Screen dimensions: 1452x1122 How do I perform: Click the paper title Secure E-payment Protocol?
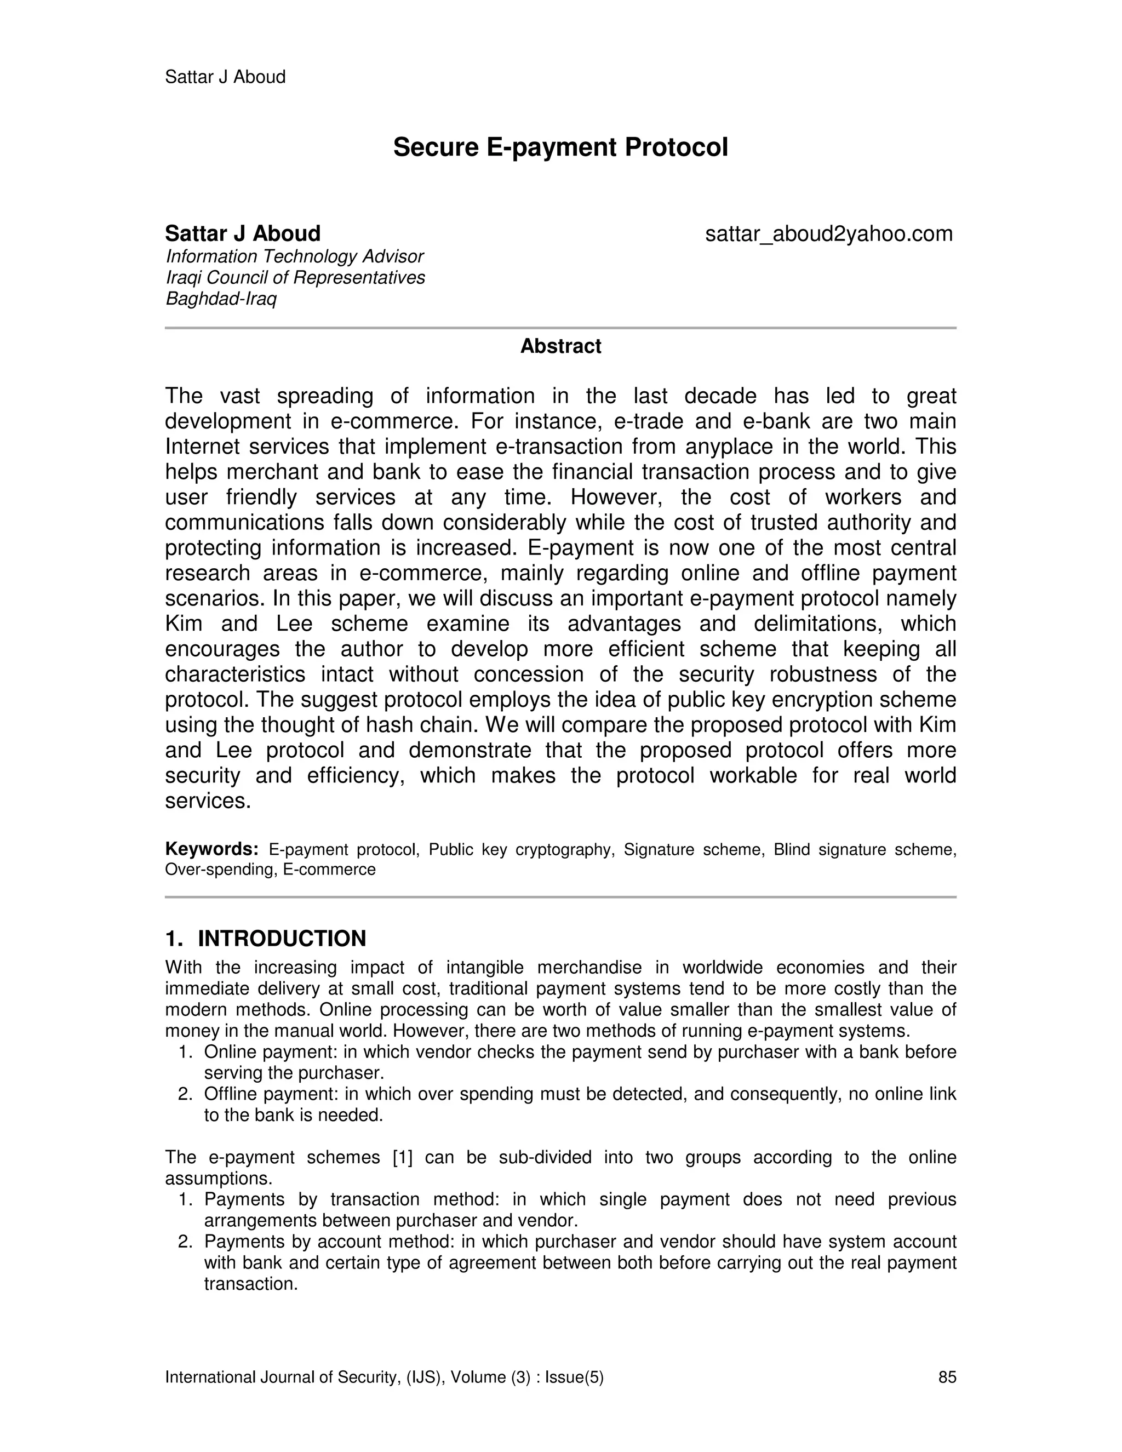coord(560,147)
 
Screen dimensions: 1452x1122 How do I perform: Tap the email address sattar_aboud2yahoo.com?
coord(828,234)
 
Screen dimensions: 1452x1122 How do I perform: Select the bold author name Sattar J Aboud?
coord(243,234)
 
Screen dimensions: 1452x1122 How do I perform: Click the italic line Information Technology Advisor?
coord(294,256)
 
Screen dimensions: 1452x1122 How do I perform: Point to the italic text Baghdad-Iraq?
coord(221,299)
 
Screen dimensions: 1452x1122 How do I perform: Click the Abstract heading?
coord(560,346)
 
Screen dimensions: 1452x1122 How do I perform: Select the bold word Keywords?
coord(211,850)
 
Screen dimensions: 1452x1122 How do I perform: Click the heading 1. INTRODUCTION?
coord(265,939)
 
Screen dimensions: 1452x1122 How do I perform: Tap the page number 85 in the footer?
coord(947,1377)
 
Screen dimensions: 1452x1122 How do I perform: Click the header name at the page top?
coord(225,77)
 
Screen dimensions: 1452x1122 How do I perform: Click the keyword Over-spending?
coord(219,870)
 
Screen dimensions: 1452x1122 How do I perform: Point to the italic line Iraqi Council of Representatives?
coord(295,278)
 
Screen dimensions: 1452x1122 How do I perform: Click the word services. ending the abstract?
coord(208,801)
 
